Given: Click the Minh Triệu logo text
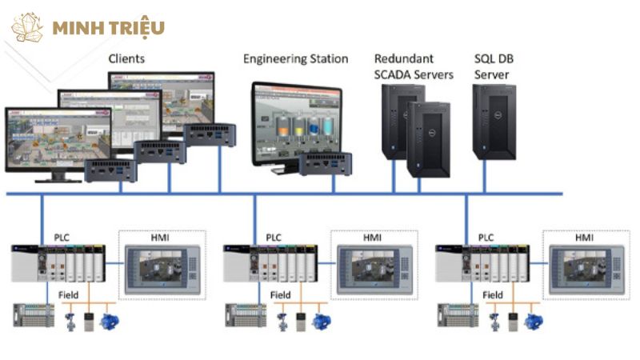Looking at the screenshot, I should coord(108,27).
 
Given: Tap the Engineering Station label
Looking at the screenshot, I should coord(295,58).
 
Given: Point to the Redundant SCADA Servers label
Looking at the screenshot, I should coord(414,66).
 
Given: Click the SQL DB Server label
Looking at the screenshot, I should coord(492,66).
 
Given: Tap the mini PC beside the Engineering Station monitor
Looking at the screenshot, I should coord(327,164).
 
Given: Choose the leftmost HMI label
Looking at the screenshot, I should coord(161,238).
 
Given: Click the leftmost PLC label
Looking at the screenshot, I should coord(62,238).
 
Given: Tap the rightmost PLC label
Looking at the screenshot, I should coord(486,238).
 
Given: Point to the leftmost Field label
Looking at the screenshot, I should coord(68,295).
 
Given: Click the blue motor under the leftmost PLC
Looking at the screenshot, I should coord(108,321).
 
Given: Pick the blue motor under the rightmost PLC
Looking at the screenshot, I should coord(531,321).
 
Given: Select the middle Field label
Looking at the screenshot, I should coord(280,295).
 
